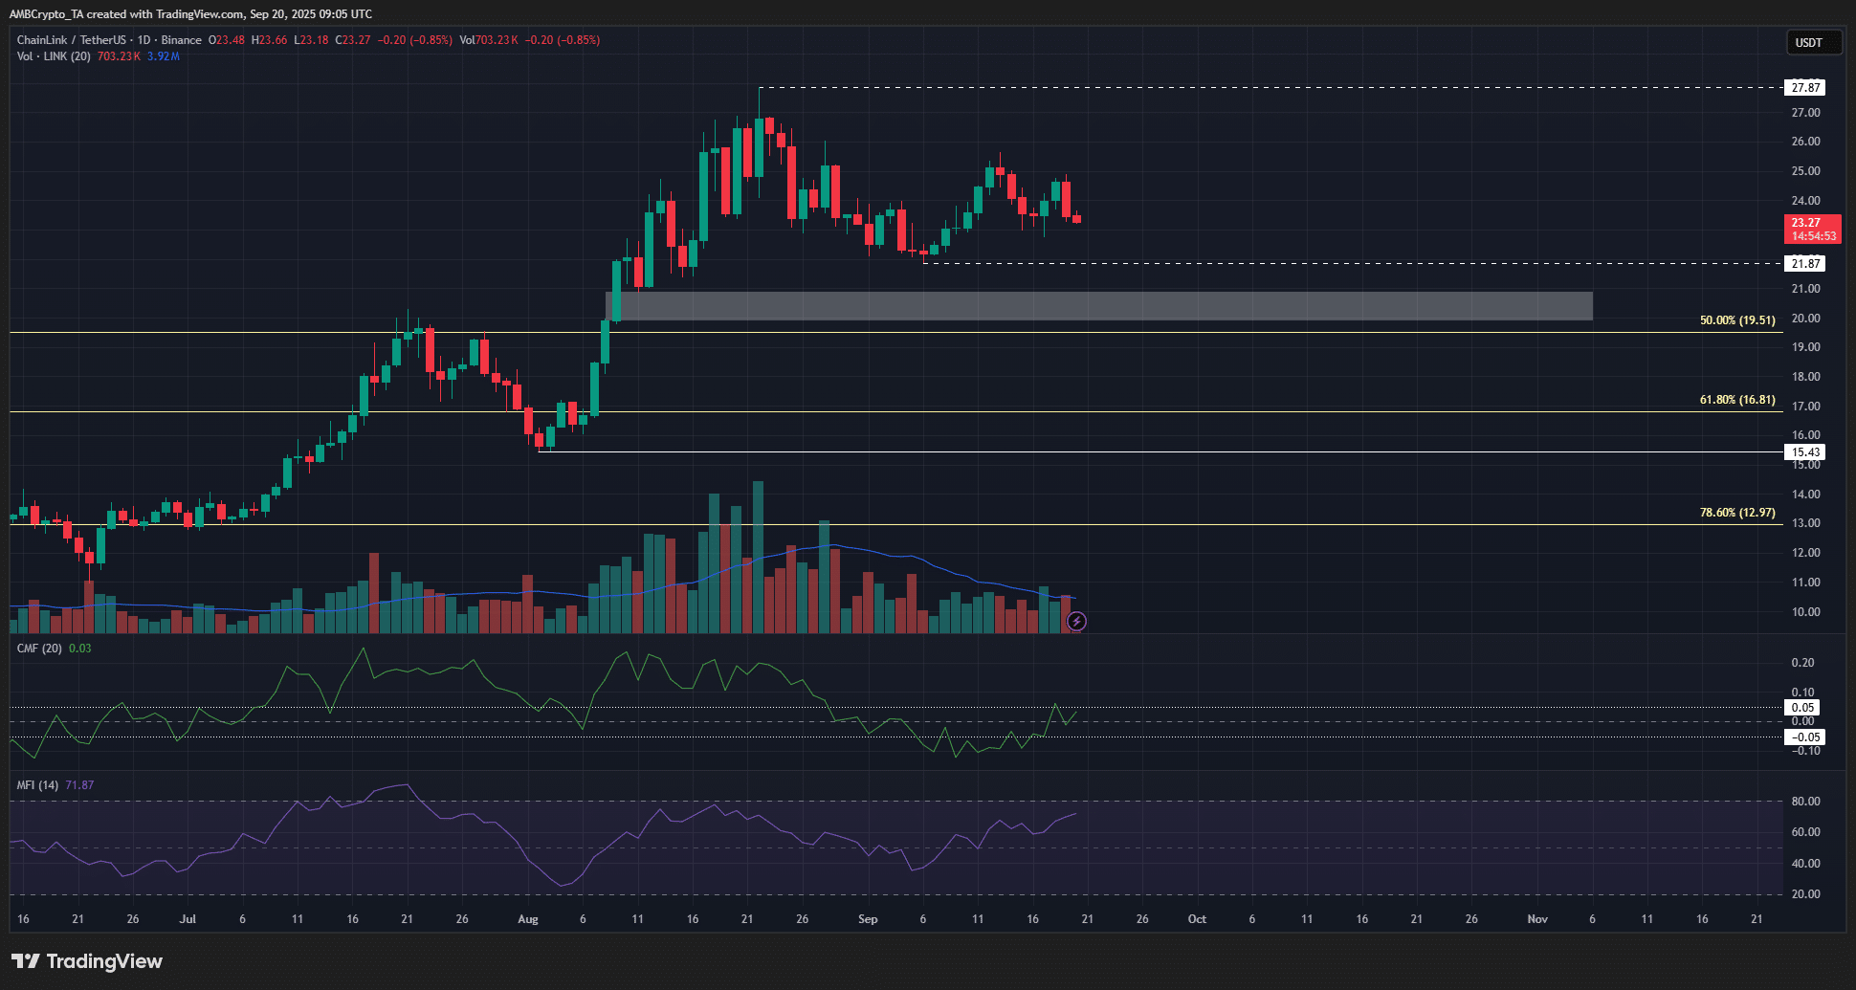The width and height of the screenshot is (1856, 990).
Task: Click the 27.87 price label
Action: (x=1805, y=88)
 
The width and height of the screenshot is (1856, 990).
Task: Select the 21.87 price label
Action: (x=1805, y=264)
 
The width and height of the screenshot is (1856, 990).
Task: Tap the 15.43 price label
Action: (x=1805, y=452)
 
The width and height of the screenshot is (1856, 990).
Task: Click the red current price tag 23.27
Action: (x=1812, y=229)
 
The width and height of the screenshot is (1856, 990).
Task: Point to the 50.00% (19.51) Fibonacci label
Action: (x=1736, y=320)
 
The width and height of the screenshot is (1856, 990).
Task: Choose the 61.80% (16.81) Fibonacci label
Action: (x=1736, y=400)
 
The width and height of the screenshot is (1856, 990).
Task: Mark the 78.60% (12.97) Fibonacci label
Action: (x=1736, y=513)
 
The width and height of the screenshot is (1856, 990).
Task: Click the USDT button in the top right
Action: (x=1808, y=42)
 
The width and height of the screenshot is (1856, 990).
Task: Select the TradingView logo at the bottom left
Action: (x=87, y=961)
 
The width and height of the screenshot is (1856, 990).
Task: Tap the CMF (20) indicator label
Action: (x=39, y=649)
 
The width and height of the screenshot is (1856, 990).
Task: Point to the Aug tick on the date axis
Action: (x=527, y=919)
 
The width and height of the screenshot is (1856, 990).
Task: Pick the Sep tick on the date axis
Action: (x=868, y=919)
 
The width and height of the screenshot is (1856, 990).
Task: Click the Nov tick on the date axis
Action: (x=1537, y=919)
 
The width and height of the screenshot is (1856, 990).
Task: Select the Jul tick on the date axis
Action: (x=188, y=919)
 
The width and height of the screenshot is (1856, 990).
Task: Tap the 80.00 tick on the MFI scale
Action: (x=1805, y=802)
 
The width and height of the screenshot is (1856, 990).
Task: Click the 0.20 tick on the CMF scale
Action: (x=1802, y=663)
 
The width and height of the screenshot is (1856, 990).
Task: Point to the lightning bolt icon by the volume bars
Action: (x=1076, y=622)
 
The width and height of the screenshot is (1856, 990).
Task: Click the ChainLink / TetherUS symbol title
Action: (x=71, y=40)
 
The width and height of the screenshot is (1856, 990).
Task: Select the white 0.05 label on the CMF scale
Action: (x=1803, y=708)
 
